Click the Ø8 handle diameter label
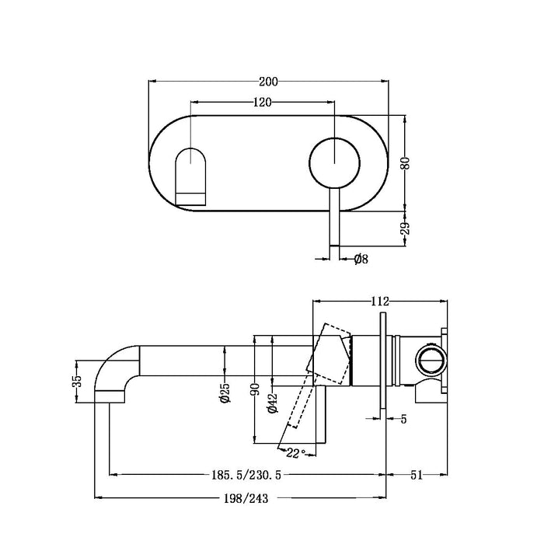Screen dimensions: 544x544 (360, 259)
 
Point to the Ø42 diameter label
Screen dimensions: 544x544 (272, 404)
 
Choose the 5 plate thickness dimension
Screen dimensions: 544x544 (403, 420)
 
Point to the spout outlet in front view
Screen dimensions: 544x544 (190, 175)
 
